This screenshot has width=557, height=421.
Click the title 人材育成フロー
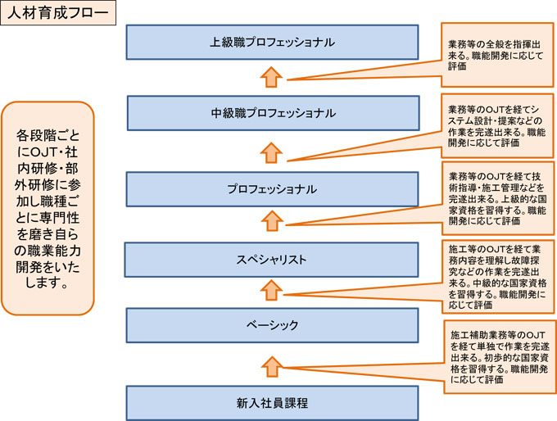58,13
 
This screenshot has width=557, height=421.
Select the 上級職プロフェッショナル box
272,43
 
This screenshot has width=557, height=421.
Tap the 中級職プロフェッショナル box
273,113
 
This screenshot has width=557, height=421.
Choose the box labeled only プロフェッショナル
272,189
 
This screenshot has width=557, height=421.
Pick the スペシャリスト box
271,260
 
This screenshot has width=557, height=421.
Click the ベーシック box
272,325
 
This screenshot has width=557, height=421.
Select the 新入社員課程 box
272,403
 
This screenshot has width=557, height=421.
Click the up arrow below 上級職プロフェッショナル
271,77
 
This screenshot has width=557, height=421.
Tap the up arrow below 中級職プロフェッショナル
271,153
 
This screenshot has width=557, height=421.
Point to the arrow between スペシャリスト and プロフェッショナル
272,220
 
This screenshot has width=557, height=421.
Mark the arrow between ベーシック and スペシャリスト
271,290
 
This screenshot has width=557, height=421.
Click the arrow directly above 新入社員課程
272,367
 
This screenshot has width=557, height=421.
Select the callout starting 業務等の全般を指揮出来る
497,55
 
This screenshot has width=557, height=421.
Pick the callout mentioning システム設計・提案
497,126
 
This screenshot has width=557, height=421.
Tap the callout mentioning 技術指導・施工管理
498,198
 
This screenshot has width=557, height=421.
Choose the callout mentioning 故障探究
498,277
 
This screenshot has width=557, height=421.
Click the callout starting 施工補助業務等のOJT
500,356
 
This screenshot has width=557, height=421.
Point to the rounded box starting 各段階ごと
48,208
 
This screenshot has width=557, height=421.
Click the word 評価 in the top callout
457,66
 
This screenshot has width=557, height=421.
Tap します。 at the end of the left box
48,283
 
